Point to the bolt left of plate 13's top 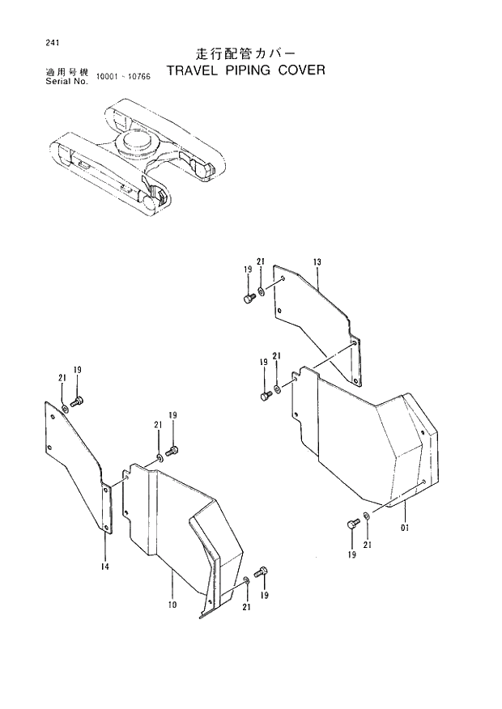click(249, 299)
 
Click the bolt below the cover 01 click(351, 524)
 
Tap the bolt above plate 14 click(78, 400)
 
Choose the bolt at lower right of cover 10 click(262, 573)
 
